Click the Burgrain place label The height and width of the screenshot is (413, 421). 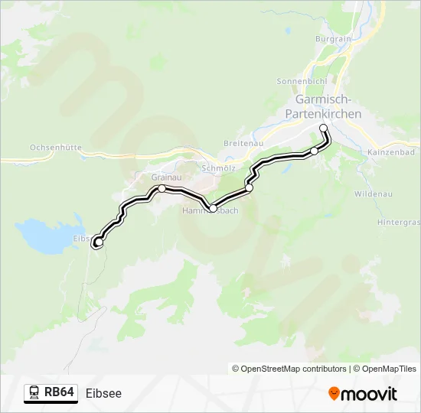point(333,38)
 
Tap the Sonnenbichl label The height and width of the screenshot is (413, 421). point(301,80)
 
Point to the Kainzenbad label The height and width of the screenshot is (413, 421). point(390,153)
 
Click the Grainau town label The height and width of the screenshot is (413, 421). point(165,177)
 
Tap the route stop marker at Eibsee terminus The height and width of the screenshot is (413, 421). point(97,243)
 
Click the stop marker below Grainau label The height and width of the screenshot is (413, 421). point(162,188)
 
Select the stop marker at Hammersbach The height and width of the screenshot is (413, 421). point(213,207)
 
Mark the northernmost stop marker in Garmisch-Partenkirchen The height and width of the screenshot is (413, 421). point(323,128)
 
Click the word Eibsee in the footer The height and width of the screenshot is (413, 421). point(103,393)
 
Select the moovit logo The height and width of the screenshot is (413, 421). point(362,393)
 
